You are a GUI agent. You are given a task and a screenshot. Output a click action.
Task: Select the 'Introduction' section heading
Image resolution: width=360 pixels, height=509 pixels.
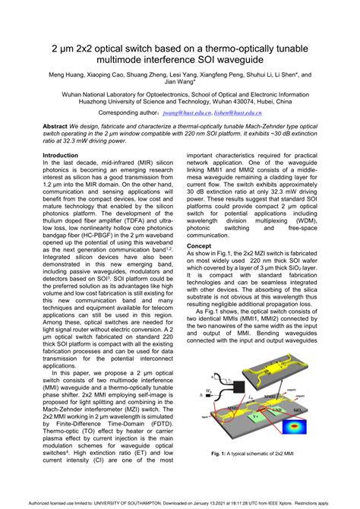tap(63, 155)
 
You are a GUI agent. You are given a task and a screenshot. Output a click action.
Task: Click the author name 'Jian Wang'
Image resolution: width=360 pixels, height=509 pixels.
tap(179, 84)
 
